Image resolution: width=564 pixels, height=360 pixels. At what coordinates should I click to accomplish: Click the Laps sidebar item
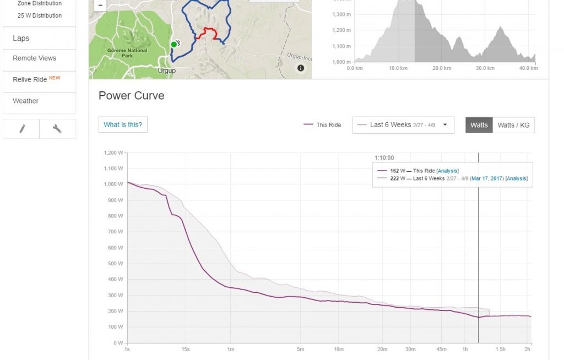tap(21, 39)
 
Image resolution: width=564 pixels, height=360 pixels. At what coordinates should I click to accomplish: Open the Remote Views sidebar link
tap(34, 58)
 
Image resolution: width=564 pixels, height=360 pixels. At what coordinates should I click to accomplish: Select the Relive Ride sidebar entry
tap(30, 80)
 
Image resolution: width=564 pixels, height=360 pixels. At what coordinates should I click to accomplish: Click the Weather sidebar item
tap(26, 101)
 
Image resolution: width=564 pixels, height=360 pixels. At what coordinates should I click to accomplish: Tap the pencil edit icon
tap(21, 129)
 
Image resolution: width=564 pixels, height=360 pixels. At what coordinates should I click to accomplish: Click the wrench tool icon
tap(57, 129)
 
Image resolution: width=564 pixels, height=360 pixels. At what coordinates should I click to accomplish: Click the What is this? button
tap(123, 125)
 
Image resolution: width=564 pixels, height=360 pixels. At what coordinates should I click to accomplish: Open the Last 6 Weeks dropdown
tap(403, 125)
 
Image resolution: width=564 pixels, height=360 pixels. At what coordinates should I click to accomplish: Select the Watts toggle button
tap(479, 125)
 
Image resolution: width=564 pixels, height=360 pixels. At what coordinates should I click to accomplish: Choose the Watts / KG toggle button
tap(513, 125)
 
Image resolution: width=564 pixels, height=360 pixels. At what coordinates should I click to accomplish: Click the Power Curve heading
tap(131, 96)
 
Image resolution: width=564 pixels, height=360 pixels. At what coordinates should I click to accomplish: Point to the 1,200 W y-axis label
tap(112, 152)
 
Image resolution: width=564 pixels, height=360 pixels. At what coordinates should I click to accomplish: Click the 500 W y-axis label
tap(115, 264)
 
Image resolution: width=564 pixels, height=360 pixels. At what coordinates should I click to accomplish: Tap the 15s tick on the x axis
tap(185, 350)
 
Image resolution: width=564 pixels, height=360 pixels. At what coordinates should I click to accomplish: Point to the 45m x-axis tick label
tap(441, 350)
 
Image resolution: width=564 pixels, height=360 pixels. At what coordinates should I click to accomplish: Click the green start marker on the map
tap(173, 45)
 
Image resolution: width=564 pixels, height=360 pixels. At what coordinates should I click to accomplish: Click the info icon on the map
tap(301, 68)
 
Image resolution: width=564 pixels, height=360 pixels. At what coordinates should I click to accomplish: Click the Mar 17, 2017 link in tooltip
tap(487, 178)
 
